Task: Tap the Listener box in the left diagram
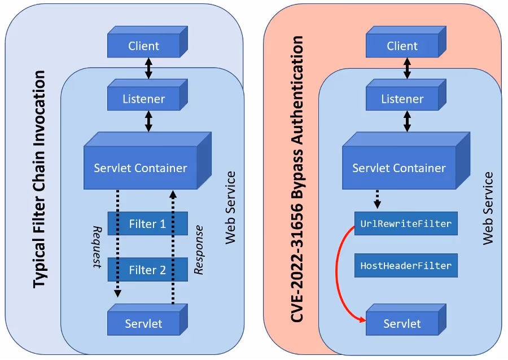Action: click(x=143, y=99)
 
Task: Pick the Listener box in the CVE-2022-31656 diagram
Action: click(x=402, y=99)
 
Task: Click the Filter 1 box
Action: click(x=147, y=224)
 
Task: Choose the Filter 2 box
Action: click(x=147, y=270)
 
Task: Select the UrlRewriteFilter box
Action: click(x=405, y=224)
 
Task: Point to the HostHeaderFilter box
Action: click(x=405, y=265)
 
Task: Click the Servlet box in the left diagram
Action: click(x=143, y=324)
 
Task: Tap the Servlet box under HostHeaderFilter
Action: click(x=402, y=324)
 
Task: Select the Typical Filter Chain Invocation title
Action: click(x=38, y=179)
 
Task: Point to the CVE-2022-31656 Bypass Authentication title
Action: click(x=297, y=179)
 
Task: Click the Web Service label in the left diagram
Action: click(x=230, y=208)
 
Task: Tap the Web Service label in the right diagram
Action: click(x=489, y=208)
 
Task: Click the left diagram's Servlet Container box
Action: click(x=141, y=168)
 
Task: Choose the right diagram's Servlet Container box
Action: click(x=399, y=168)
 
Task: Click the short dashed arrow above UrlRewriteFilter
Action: click(x=377, y=199)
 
